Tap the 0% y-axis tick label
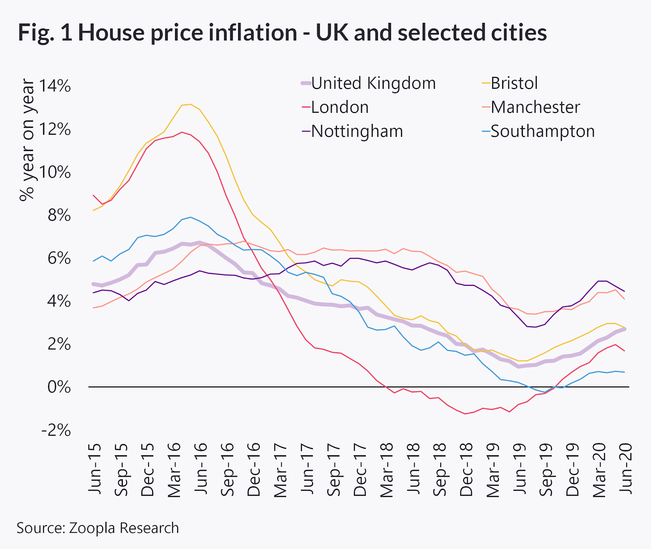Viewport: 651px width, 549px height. (59, 387)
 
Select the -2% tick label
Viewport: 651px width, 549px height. (56, 430)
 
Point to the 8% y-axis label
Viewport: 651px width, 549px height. (59, 215)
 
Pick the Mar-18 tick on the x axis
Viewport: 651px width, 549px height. (387, 470)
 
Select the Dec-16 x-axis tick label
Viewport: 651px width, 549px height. (253, 469)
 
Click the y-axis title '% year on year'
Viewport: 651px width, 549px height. (28, 140)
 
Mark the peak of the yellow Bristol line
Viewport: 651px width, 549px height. (190, 104)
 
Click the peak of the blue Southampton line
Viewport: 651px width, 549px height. (190, 217)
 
